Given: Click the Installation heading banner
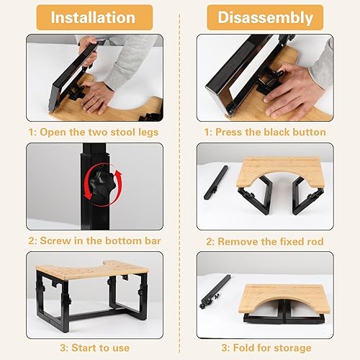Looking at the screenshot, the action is point(94,17).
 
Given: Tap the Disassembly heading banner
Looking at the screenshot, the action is point(265,17).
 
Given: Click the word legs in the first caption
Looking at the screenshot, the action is point(148,132).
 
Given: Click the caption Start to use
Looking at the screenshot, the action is point(95,348).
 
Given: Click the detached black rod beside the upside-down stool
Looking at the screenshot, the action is point(216,182).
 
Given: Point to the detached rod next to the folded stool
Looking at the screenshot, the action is point(215,292).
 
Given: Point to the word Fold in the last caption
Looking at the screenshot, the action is point(243,348).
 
